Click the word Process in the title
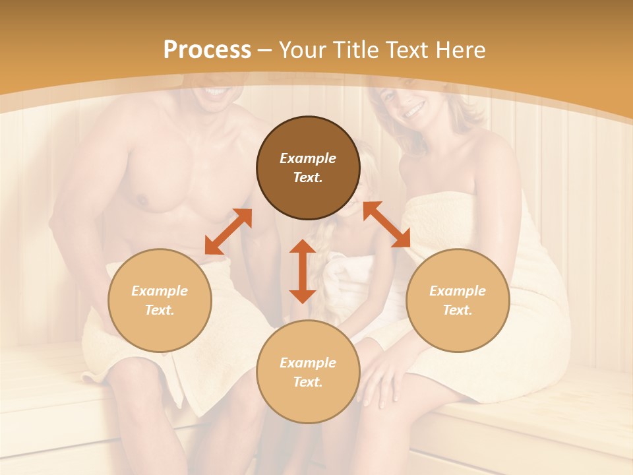coord(207,50)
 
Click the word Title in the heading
coord(354,50)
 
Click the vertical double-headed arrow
coord(303,271)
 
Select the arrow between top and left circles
coord(228,232)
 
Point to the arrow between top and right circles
coord(386,224)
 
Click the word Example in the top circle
coord(308,158)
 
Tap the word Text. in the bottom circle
coord(308,382)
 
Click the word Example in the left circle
coord(160,291)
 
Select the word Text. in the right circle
coord(458,310)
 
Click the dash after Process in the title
coord(265,50)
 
